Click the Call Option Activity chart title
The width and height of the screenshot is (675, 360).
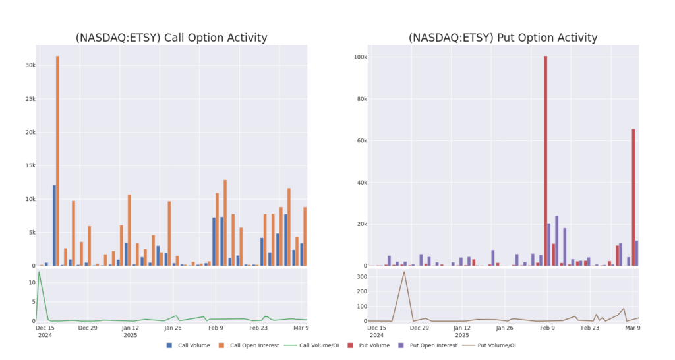171,38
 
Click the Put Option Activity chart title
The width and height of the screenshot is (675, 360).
503,38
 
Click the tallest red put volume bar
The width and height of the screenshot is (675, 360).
546,161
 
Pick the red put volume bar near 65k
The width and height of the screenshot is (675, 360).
633,197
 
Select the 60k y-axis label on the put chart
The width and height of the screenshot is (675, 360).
359,141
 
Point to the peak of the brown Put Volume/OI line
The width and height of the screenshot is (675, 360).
404,272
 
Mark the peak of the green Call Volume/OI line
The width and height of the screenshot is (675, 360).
40,272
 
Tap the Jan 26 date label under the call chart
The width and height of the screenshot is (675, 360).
173,328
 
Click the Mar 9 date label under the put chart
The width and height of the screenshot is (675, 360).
632,328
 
